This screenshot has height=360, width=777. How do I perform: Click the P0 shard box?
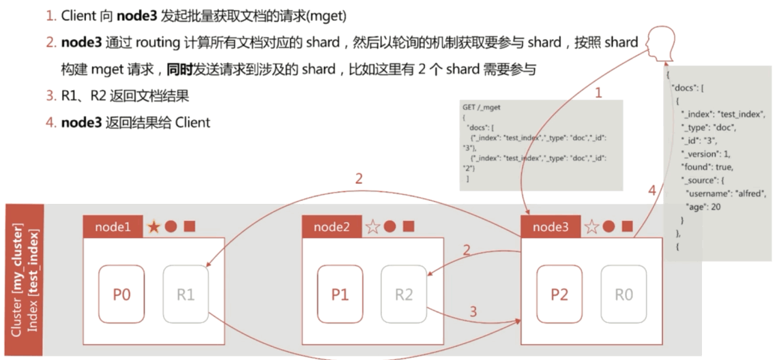(x=121, y=295)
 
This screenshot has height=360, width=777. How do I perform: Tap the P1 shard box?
(x=340, y=295)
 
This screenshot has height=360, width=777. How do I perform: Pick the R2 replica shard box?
(x=404, y=295)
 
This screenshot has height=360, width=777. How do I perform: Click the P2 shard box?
(x=559, y=295)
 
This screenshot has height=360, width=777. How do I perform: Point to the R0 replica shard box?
(x=624, y=295)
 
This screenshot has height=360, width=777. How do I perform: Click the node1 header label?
(x=113, y=227)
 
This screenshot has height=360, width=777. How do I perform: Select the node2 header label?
(x=332, y=227)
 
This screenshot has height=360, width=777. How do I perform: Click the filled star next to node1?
(x=155, y=227)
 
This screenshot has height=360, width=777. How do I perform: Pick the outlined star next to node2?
(x=373, y=227)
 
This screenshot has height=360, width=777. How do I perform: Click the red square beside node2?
(x=408, y=227)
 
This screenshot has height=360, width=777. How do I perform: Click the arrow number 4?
(x=651, y=192)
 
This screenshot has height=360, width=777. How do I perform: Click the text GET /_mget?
(x=482, y=107)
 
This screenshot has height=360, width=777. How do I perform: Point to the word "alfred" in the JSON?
(x=744, y=194)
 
